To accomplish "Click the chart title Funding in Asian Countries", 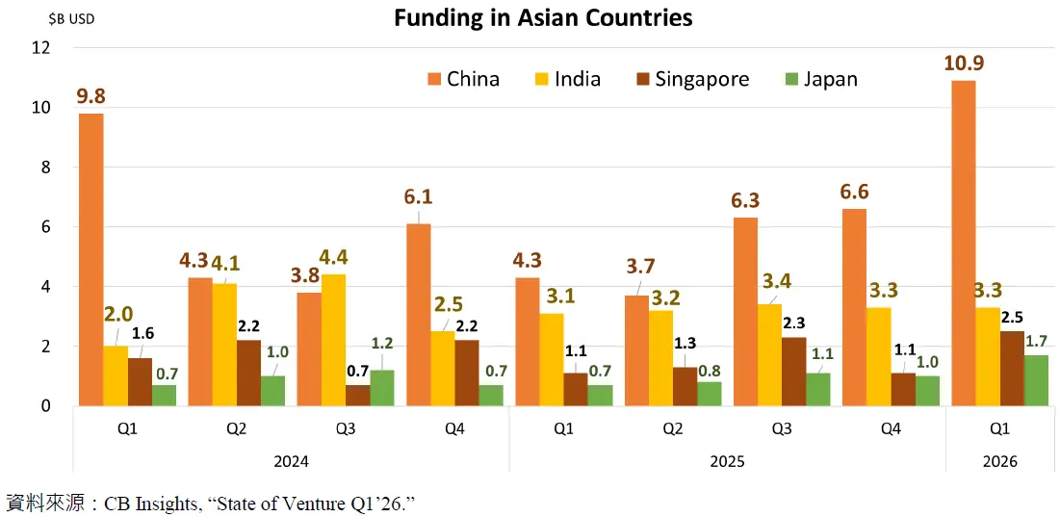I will (543, 17).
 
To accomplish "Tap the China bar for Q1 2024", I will (90, 260).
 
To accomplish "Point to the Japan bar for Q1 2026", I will (1036, 380).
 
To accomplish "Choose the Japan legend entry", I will (817, 79).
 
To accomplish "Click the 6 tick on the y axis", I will (44, 227).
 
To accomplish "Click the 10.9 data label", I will (964, 64).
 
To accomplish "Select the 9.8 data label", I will (90, 96).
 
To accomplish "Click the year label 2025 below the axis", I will (727, 462).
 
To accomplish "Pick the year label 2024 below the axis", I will (291, 462).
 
